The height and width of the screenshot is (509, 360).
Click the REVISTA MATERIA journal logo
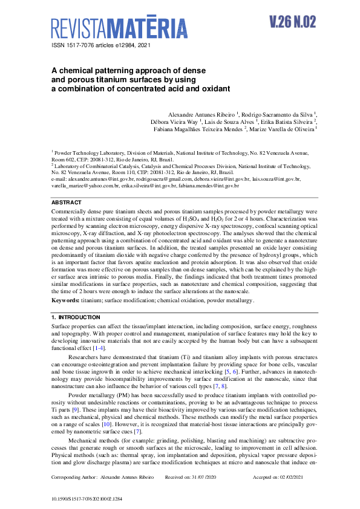point(119,28)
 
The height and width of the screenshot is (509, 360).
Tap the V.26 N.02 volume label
point(293,22)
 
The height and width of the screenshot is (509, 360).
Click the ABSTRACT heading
point(66,203)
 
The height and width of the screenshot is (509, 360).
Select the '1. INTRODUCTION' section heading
point(76,317)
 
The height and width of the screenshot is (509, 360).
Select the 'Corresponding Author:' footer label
point(73,477)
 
